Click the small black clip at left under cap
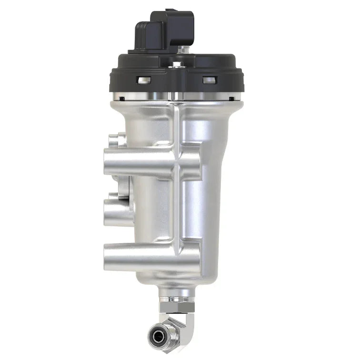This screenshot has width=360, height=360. coord(122,99)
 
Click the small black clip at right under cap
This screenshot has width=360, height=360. coord(232,99)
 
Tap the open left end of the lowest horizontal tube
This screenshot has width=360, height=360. coord(106,257)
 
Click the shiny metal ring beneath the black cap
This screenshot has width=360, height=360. coord(176,96)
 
